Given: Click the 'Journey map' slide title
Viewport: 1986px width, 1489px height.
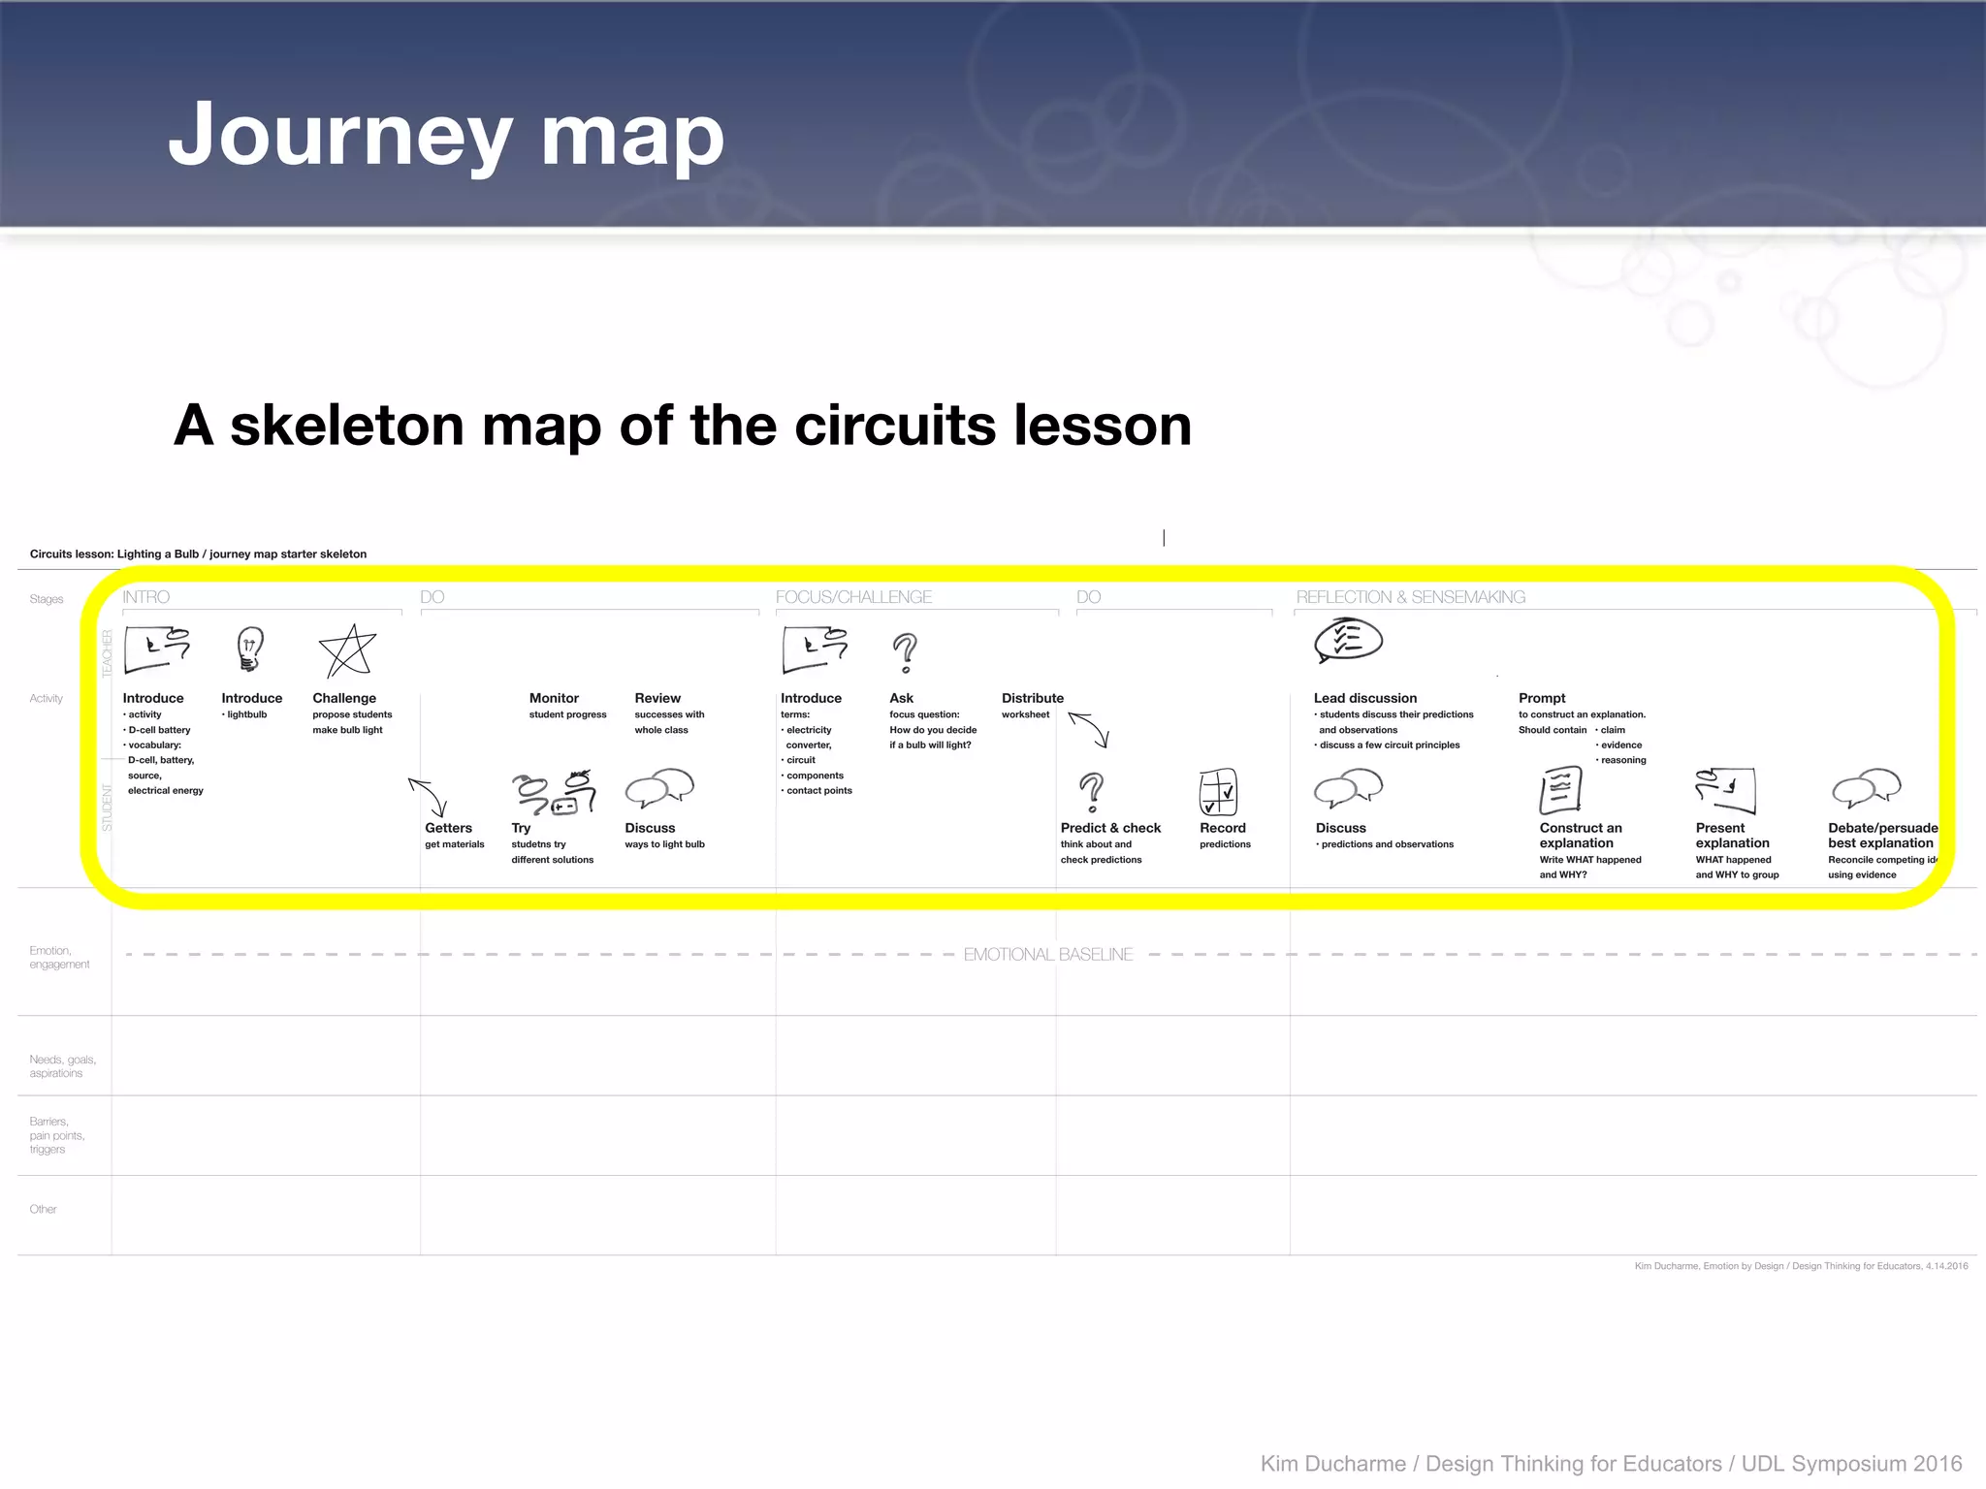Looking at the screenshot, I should click(x=446, y=136).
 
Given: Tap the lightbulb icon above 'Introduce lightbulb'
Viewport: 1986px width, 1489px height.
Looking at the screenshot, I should click(x=250, y=649).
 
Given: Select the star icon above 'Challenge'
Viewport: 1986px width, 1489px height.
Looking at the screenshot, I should click(x=347, y=651).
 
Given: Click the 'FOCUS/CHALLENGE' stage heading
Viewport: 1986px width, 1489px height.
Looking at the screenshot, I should click(x=853, y=597).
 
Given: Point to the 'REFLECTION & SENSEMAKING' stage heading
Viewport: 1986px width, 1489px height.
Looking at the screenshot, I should click(x=1410, y=597).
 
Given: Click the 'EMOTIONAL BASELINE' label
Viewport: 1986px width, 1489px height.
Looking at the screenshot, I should click(x=1047, y=955).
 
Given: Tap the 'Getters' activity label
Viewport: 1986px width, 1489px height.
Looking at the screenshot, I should click(x=448, y=828).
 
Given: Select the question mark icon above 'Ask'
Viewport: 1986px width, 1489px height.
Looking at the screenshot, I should click(x=905, y=652).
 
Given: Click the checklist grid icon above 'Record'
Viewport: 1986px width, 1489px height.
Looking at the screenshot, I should click(x=1218, y=792).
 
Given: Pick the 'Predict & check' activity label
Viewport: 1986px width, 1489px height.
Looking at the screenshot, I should click(x=1110, y=828).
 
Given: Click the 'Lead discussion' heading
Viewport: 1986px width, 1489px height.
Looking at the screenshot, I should click(x=1364, y=698).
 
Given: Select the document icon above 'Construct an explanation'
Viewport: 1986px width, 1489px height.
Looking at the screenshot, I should click(x=1560, y=790).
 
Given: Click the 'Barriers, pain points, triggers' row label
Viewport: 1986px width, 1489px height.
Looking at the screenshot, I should click(x=57, y=1135).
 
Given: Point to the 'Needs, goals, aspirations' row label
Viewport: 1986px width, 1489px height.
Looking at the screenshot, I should click(x=62, y=1066).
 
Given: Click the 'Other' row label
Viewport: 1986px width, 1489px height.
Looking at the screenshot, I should click(x=43, y=1209).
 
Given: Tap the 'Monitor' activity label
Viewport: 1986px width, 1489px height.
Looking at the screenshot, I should click(x=554, y=698).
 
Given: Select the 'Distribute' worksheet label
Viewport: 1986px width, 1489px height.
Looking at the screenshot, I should click(x=1032, y=698).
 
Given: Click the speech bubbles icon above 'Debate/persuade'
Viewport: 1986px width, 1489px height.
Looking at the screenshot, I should click(x=1866, y=788).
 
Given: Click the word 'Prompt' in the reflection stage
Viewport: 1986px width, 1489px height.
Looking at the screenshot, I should click(x=1542, y=698).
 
